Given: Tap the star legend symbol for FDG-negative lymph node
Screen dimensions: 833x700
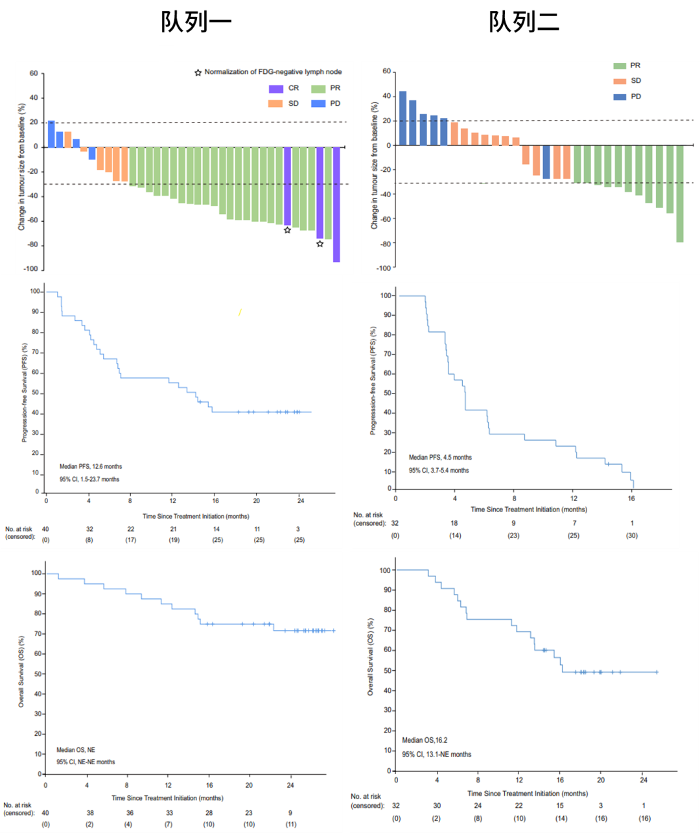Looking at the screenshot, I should pos(198,72).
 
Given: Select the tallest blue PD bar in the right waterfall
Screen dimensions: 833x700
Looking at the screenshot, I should pos(402,118).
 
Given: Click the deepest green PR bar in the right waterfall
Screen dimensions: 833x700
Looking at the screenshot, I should pos(680,194).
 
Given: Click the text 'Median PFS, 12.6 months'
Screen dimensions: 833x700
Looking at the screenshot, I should pos(91,467).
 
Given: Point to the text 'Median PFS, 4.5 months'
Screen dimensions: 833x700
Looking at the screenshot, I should pos(440,458).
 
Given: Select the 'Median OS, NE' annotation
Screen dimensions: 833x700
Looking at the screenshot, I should pos(76,750).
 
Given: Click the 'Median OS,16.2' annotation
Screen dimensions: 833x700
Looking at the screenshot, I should pos(425,740).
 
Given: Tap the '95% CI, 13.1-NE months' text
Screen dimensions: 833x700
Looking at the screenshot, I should pos(436,755).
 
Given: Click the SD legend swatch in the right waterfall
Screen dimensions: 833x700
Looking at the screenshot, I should pos(620,81).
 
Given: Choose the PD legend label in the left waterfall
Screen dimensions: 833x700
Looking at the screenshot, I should pos(334,104).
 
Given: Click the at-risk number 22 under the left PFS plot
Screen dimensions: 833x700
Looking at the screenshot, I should pos(131,529).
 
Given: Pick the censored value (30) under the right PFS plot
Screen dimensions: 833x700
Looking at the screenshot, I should pos(631,535).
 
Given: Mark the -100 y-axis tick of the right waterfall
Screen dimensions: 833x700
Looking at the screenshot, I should pos(383,268).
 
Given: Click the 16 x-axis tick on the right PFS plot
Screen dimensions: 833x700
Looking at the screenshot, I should pos(631,498).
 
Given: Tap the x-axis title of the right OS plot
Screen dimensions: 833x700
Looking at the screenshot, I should pos(528,793).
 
